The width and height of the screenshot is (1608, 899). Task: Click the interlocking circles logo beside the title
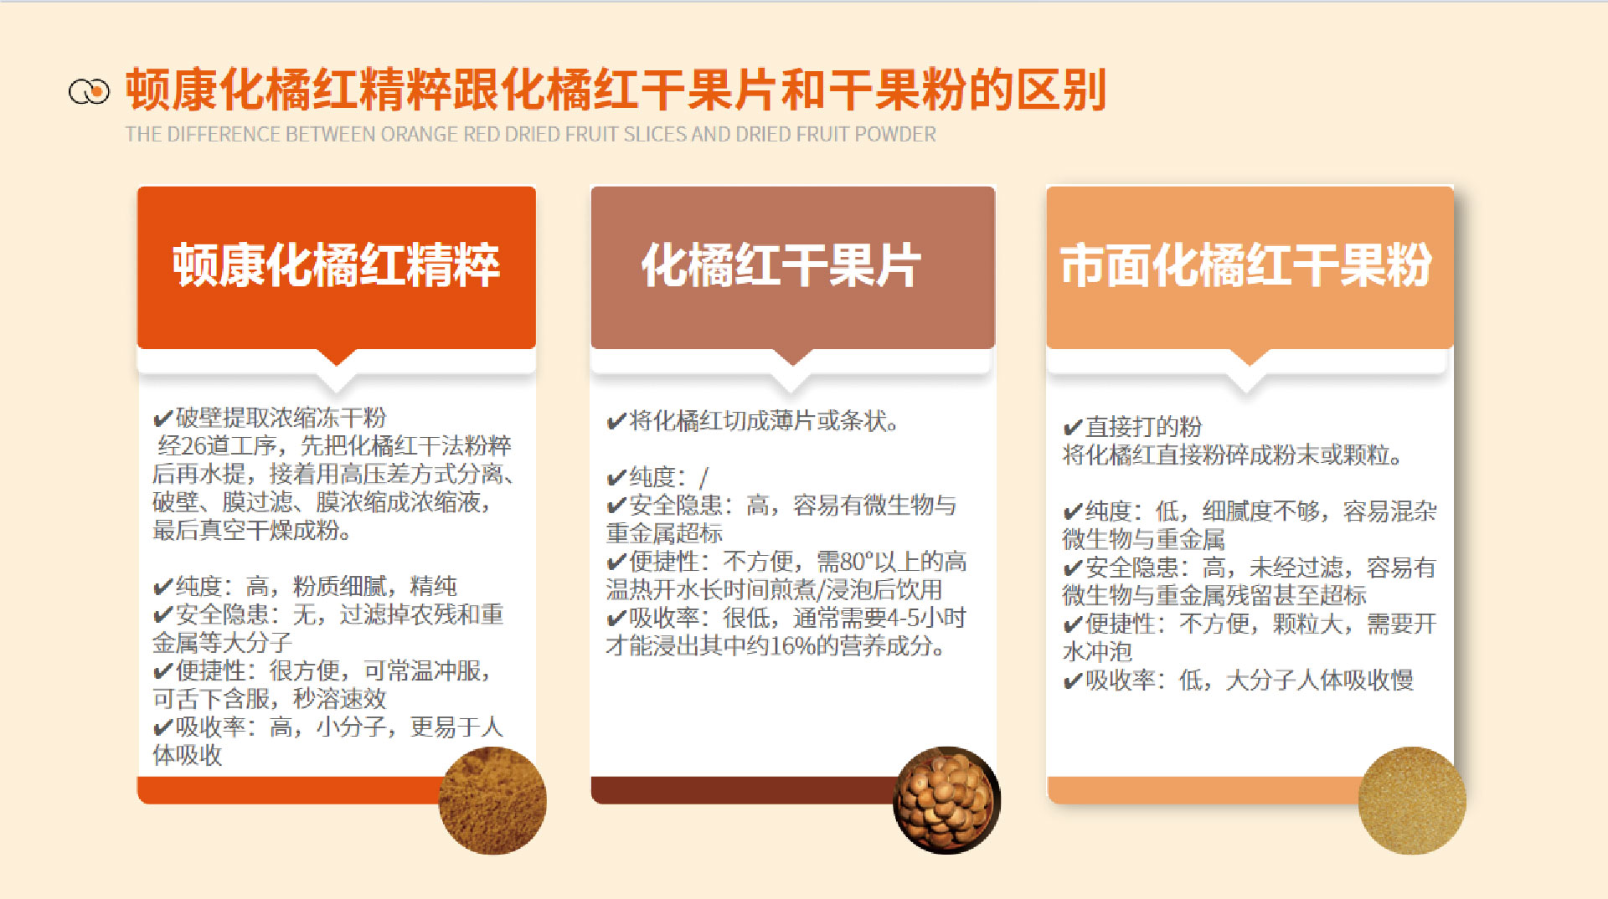pyautogui.click(x=89, y=91)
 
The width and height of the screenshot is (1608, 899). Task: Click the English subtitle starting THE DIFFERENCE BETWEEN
pyautogui.click(x=530, y=135)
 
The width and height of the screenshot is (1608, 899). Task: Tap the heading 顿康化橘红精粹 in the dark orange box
pyautogui.click(x=336, y=265)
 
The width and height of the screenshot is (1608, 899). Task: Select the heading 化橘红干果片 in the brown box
pyautogui.click(x=781, y=265)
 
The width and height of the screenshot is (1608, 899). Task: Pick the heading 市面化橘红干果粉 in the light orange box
pyautogui.click(x=1246, y=265)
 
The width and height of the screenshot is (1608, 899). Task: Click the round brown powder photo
pyautogui.click(x=492, y=800)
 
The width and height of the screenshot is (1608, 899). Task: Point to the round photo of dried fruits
pyautogui.click(x=946, y=800)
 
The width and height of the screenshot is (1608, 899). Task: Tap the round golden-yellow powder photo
pyautogui.click(x=1411, y=800)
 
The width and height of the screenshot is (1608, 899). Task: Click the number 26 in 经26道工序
pyautogui.click(x=193, y=446)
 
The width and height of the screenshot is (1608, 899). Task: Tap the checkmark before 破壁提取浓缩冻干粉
pyautogui.click(x=162, y=419)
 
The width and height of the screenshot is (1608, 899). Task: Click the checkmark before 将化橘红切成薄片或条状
pyautogui.click(x=616, y=421)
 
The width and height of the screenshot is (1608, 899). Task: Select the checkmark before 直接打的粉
pyautogui.click(x=1072, y=428)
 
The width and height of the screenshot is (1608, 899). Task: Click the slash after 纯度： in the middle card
pyautogui.click(x=703, y=477)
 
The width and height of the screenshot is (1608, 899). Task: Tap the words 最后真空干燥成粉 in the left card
pyautogui.click(x=251, y=531)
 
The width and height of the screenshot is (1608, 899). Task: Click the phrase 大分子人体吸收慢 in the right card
pyautogui.click(x=1319, y=681)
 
